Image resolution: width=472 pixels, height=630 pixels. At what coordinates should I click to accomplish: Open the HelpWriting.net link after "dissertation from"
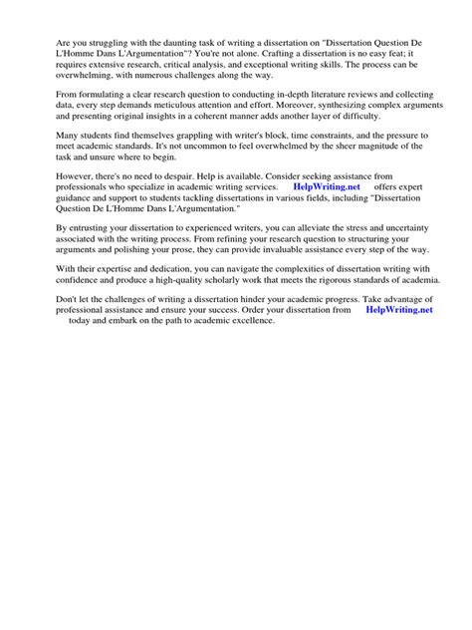[399, 312]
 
